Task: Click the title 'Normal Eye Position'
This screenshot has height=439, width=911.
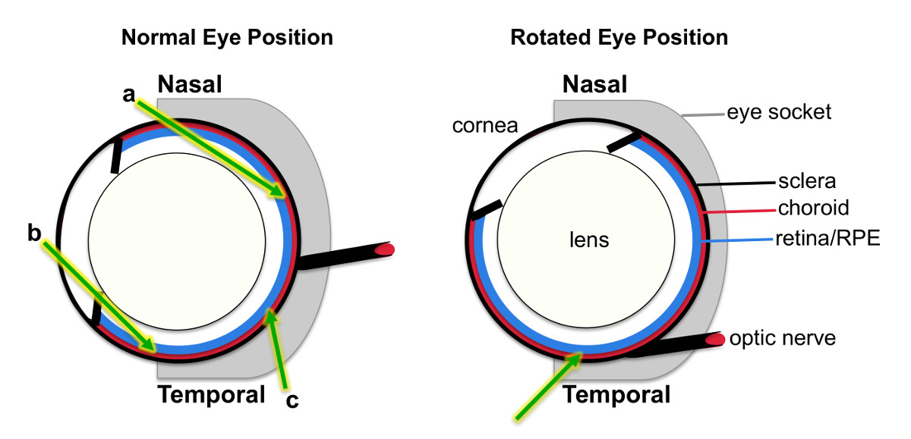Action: pos(227,37)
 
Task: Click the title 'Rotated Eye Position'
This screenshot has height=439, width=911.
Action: pos(619,37)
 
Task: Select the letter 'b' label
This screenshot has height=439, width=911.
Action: pos(34,233)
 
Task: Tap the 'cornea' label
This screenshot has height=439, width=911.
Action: pos(484,125)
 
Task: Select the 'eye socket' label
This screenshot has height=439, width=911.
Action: pos(779,113)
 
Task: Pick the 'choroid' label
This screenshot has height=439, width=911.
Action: pos(813,208)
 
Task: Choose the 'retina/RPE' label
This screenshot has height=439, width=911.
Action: pos(827,240)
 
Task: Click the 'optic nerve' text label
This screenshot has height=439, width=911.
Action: pos(782,337)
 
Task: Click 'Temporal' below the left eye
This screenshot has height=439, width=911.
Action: pos(211,394)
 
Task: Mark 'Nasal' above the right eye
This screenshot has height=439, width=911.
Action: pos(594,84)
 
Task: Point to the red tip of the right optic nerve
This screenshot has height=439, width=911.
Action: pos(714,340)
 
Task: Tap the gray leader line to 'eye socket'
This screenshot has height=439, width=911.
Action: pos(701,115)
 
